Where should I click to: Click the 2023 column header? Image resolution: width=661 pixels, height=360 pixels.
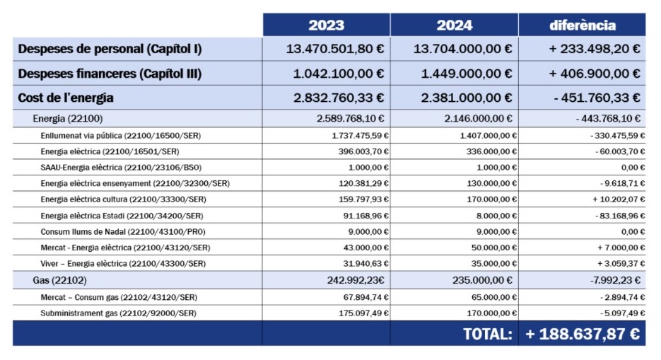point(327,25)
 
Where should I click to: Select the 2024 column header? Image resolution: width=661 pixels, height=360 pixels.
point(455,25)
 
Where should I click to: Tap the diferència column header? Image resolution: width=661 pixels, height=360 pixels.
point(583,25)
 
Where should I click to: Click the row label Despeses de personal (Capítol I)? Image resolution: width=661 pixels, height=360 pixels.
point(110,49)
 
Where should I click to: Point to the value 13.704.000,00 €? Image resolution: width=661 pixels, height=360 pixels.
point(463,49)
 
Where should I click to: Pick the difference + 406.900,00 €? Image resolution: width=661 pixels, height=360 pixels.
point(595,74)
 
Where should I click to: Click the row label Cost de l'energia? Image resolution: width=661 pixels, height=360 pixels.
point(66,98)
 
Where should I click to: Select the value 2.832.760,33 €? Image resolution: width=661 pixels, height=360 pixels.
point(339,98)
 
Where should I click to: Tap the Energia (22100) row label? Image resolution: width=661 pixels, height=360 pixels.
point(68,119)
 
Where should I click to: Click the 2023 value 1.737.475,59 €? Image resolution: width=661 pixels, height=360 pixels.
point(361,136)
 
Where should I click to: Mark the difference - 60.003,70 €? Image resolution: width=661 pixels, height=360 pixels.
point(620,152)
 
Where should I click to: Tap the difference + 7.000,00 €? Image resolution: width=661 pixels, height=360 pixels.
point(621,248)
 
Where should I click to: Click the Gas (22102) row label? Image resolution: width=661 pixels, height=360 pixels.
point(60,280)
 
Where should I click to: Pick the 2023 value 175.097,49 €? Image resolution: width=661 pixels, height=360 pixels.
point(364,313)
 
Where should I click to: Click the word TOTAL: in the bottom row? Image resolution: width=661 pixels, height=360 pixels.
point(488,335)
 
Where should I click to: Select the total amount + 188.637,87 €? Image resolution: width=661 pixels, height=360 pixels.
point(583,335)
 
